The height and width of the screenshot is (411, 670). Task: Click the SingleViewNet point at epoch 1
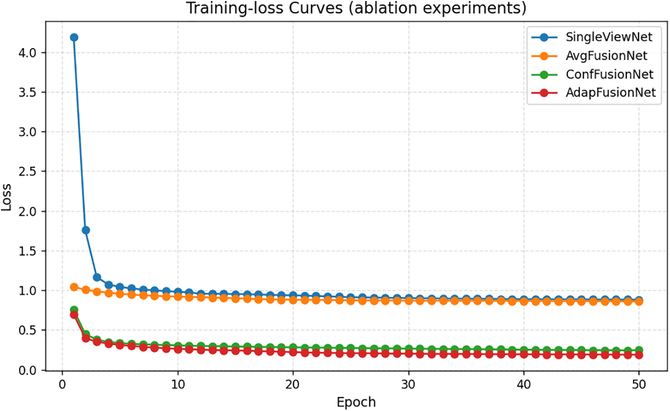(x=74, y=37)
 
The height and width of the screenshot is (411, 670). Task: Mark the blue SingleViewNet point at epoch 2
(x=86, y=230)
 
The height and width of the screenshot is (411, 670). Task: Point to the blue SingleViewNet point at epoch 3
(x=97, y=277)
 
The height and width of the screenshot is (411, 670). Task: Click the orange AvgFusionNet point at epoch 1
(x=74, y=287)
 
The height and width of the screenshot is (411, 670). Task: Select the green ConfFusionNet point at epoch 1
(x=74, y=310)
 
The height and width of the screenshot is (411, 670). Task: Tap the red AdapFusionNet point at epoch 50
(x=639, y=355)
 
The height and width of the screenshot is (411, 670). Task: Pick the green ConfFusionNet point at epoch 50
(x=639, y=350)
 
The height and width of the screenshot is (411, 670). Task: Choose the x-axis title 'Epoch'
(x=356, y=401)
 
